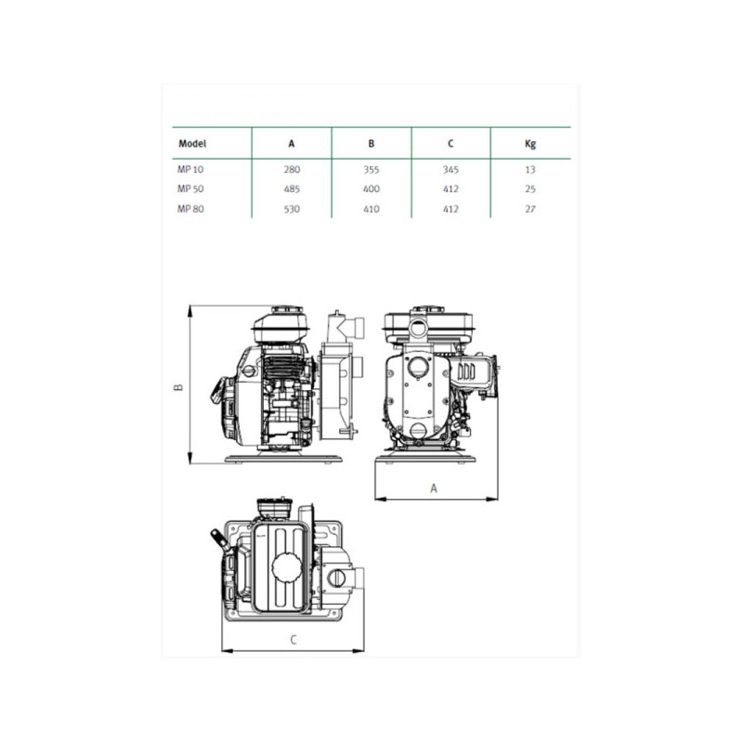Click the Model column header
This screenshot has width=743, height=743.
192,143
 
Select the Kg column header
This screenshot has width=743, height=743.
530,144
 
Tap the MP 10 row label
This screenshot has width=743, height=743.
190,169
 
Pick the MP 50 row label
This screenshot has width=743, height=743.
190,189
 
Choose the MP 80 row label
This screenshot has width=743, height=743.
190,208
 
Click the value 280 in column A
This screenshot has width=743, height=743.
292,169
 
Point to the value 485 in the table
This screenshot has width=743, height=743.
292,189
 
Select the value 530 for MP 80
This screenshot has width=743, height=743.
292,209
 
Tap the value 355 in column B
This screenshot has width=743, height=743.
371,169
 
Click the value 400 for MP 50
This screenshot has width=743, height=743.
371,189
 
